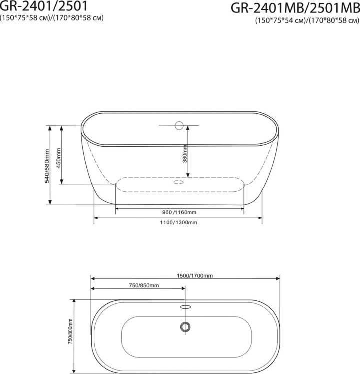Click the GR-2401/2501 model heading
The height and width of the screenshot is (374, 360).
[44, 6]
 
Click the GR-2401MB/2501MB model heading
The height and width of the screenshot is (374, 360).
[295, 8]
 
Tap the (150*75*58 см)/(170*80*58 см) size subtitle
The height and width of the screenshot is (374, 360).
[51, 18]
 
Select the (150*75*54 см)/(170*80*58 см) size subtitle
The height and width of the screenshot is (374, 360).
[307, 20]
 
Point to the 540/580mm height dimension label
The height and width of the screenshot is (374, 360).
[47, 166]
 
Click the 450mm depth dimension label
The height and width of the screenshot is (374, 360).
[59, 158]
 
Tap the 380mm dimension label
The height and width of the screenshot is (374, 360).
[185, 154]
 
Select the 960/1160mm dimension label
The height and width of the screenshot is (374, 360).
[179, 212]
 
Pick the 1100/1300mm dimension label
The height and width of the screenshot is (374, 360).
[178, 222]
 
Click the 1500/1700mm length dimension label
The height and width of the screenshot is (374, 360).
[195, 276]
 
